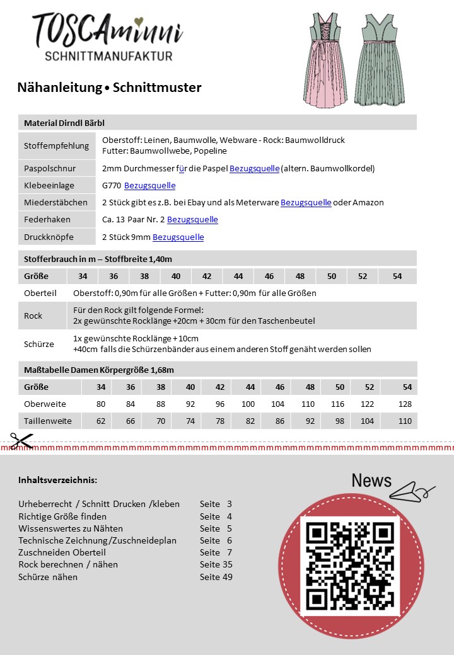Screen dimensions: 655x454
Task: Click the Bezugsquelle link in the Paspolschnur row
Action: point(254,169)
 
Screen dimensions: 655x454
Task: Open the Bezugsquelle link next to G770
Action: point(149,186)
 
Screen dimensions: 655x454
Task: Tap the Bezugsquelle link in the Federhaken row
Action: point(192,220)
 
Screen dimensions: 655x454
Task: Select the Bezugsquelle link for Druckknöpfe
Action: point(178,237)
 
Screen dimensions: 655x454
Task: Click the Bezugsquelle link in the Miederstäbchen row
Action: point(306,203)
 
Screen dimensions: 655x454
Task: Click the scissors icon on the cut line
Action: point(21,440)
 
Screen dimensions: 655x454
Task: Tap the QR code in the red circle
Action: point(349,566)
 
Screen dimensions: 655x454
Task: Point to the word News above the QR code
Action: point(371,481)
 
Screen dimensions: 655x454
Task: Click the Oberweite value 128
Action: point(405,404)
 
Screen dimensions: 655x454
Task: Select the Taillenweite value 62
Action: point(101,421)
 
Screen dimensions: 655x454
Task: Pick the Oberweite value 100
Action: point(248,404)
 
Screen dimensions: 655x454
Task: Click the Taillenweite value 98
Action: point(340,421)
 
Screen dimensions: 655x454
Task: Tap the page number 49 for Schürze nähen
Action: point(227,576)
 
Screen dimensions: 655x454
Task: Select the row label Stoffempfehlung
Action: point(56,146)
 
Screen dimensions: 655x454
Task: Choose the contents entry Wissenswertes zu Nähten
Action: point(71,528)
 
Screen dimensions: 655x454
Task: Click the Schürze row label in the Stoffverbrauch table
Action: point(38,344)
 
